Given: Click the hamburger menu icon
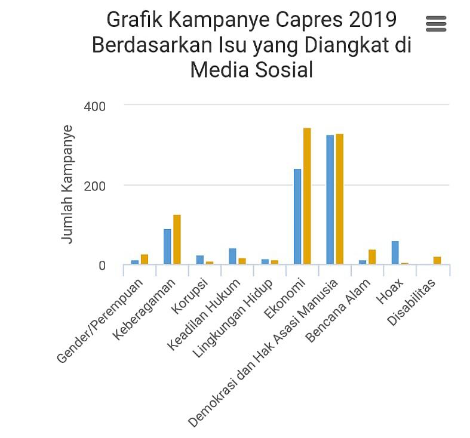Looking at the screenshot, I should pos(436,23).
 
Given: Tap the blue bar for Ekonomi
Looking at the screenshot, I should pos(297,216).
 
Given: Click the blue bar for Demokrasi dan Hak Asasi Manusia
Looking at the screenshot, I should pos(330,199).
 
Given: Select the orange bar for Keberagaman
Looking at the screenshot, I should pos(177,239).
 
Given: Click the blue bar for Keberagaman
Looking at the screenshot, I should pos(167,246).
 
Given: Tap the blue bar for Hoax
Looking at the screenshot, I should pos(395,252).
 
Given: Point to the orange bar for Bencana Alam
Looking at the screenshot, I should pos(372,257).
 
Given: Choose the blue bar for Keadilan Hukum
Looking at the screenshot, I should pos(232,256).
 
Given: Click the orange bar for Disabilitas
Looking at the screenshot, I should pos(437,260).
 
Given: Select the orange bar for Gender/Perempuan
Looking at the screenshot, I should pos(145,259).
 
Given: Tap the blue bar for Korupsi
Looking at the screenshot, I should pos(200,260).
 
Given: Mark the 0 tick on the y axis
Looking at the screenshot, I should pos(102,266).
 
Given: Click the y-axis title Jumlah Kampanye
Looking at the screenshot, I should pos(67,184).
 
